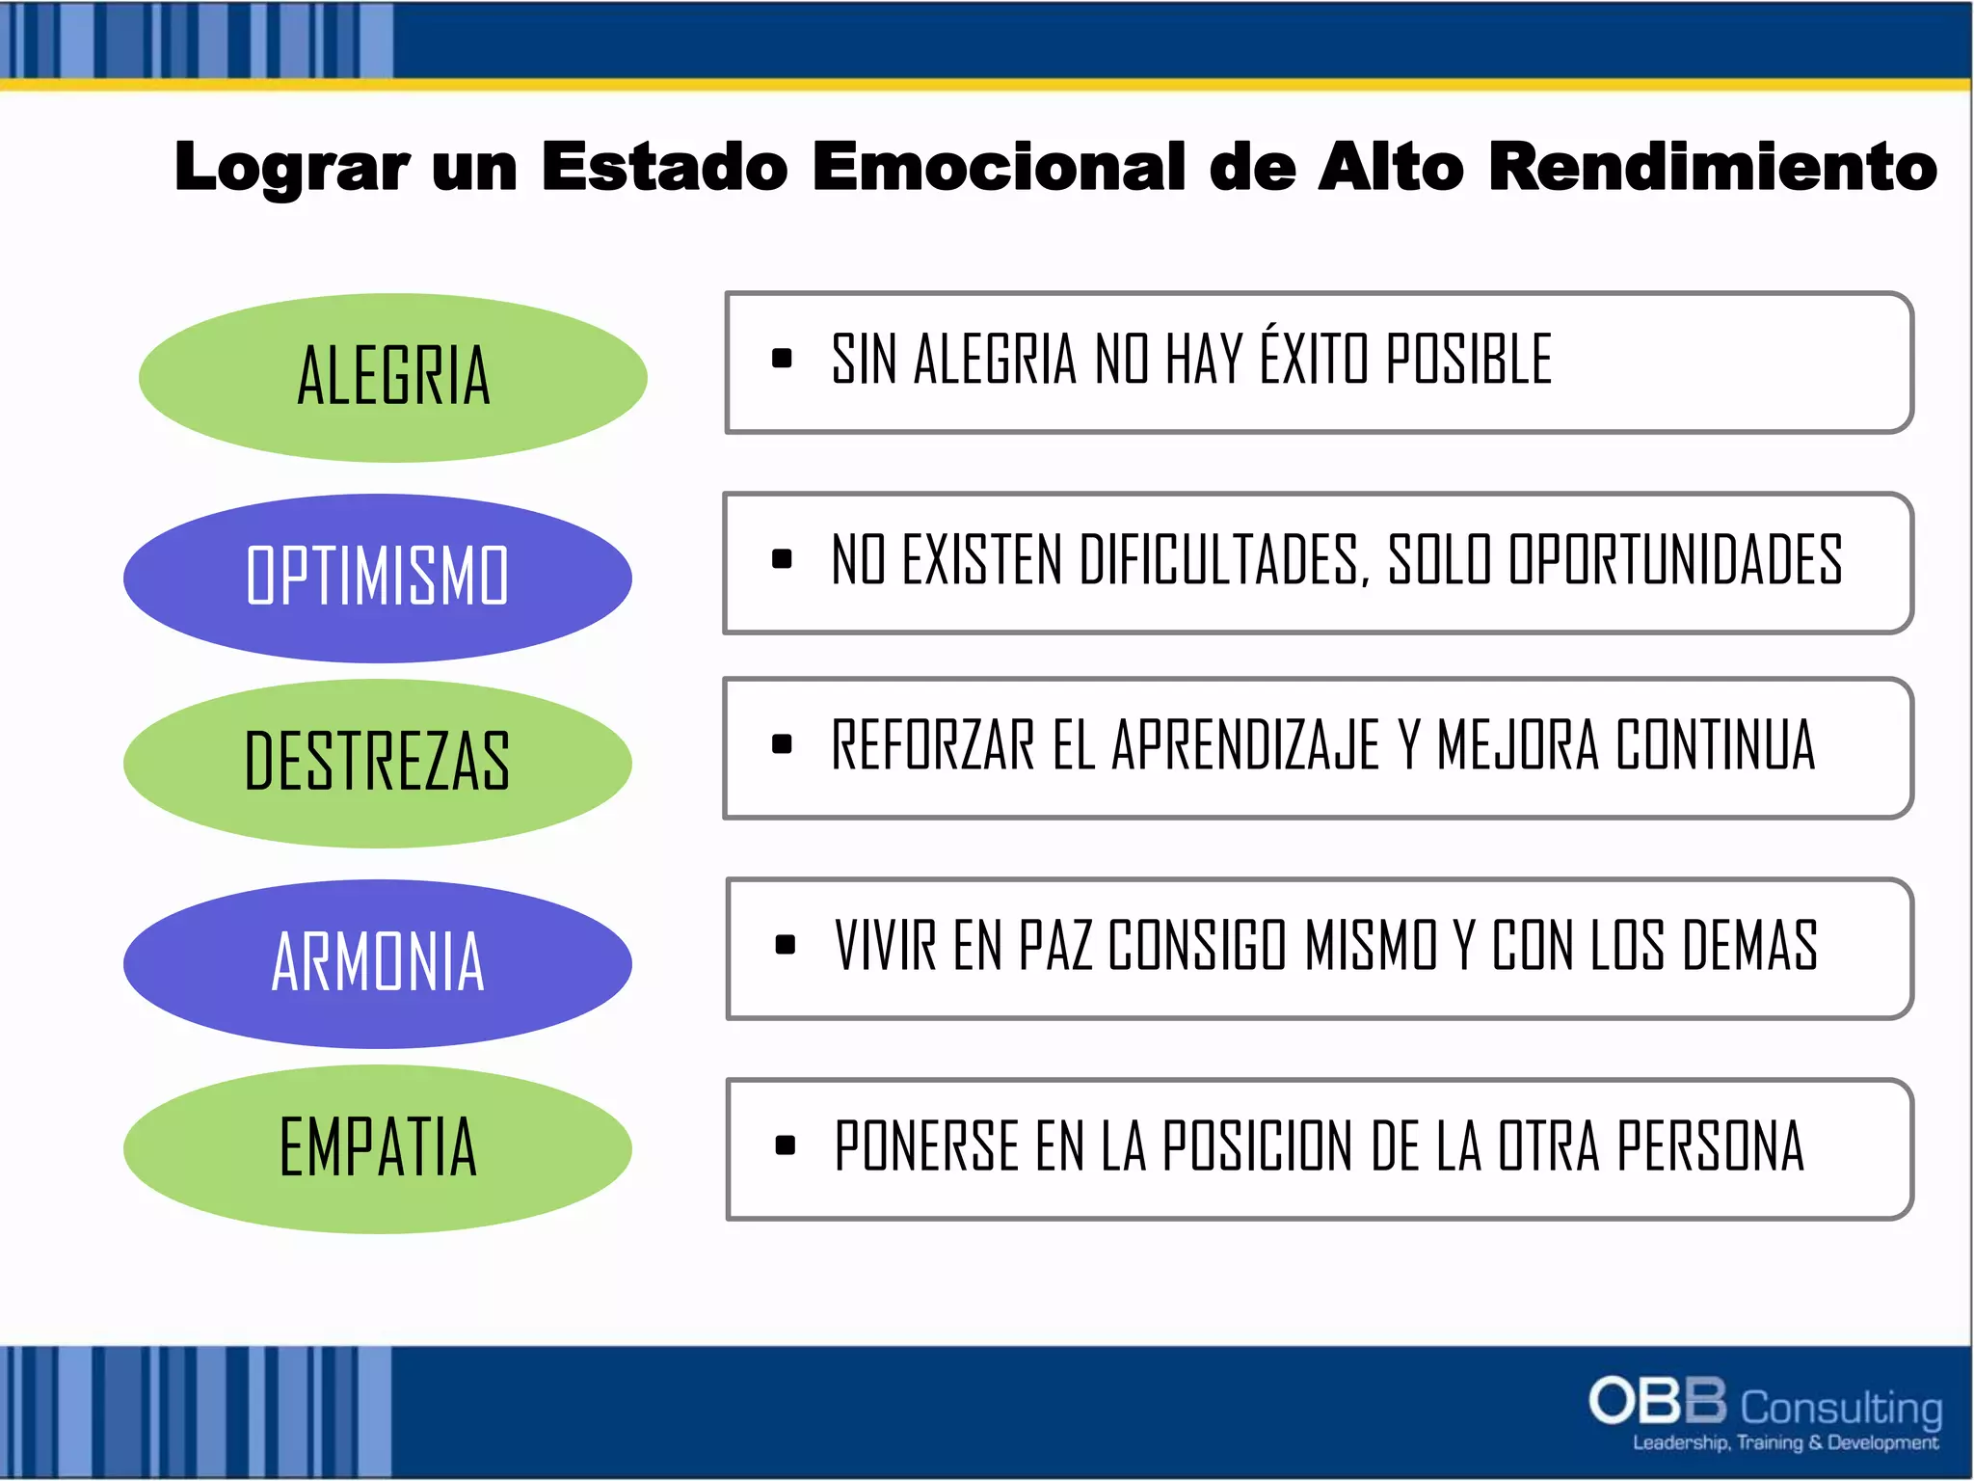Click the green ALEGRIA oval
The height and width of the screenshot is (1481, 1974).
click(x=393, y=377)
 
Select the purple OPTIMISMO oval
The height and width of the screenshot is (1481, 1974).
click(x=377, y=578)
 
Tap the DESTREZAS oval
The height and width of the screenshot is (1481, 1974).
click(x=377, y=763)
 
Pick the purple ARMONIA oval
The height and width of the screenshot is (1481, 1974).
click(x=377, y=963)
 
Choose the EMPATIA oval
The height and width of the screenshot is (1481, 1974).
click(x=377, y=1148)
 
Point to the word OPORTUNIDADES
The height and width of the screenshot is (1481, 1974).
click(x=1675, y=560)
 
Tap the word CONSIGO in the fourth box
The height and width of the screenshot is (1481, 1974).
click(x=1196, y=946)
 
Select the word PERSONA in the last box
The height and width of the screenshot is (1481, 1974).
click(x=1710, y=1146)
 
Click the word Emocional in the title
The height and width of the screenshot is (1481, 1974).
click(x=999, y=167)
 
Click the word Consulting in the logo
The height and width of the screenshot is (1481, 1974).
click(x=1841, y=1409)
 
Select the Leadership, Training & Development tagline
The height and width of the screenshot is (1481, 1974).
click(x=1784, y=1443)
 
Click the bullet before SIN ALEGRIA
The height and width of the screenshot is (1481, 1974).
click(x=782, y=360)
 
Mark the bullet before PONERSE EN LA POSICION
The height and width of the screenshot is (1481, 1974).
click(x=785, y=1145)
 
